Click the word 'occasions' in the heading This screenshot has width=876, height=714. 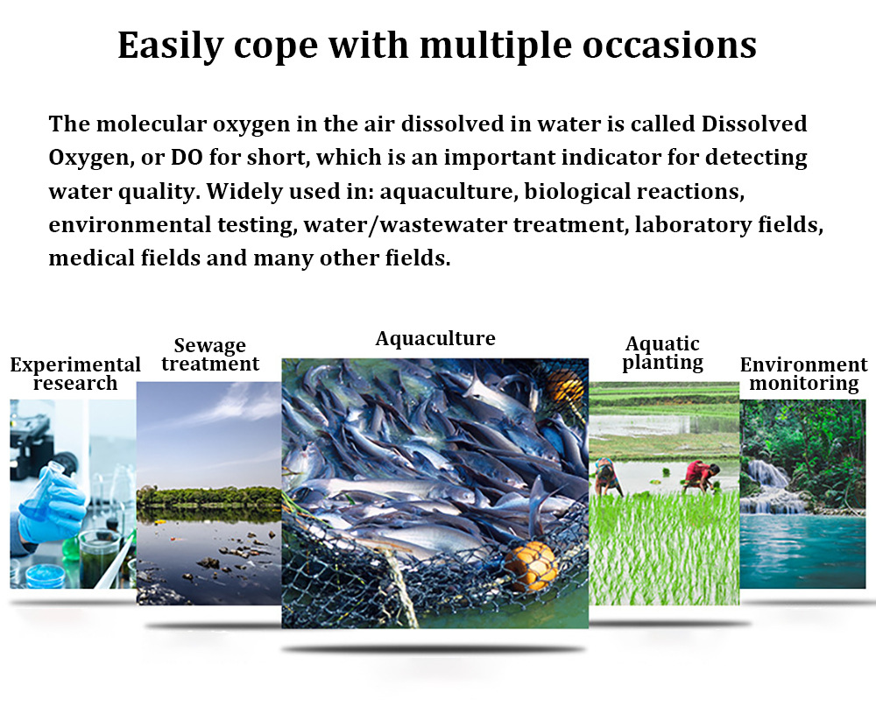pos(669,45)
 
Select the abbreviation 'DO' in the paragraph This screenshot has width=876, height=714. pos(187,158)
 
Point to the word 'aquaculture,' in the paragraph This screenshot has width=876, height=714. pos(446,192)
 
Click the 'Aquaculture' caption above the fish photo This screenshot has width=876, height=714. pos(435,338)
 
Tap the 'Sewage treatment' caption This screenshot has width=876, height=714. pos(210,355)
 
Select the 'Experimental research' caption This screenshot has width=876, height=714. pos(75,374)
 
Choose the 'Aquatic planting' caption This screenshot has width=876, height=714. pos(662,353)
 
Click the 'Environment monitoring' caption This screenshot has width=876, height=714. pos(804,374)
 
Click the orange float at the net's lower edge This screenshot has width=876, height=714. pos(532,566)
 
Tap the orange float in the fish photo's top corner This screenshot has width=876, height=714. pos(565,385)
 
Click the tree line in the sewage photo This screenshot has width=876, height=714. pos(209,496)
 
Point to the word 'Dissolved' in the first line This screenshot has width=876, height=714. pos(754,124)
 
